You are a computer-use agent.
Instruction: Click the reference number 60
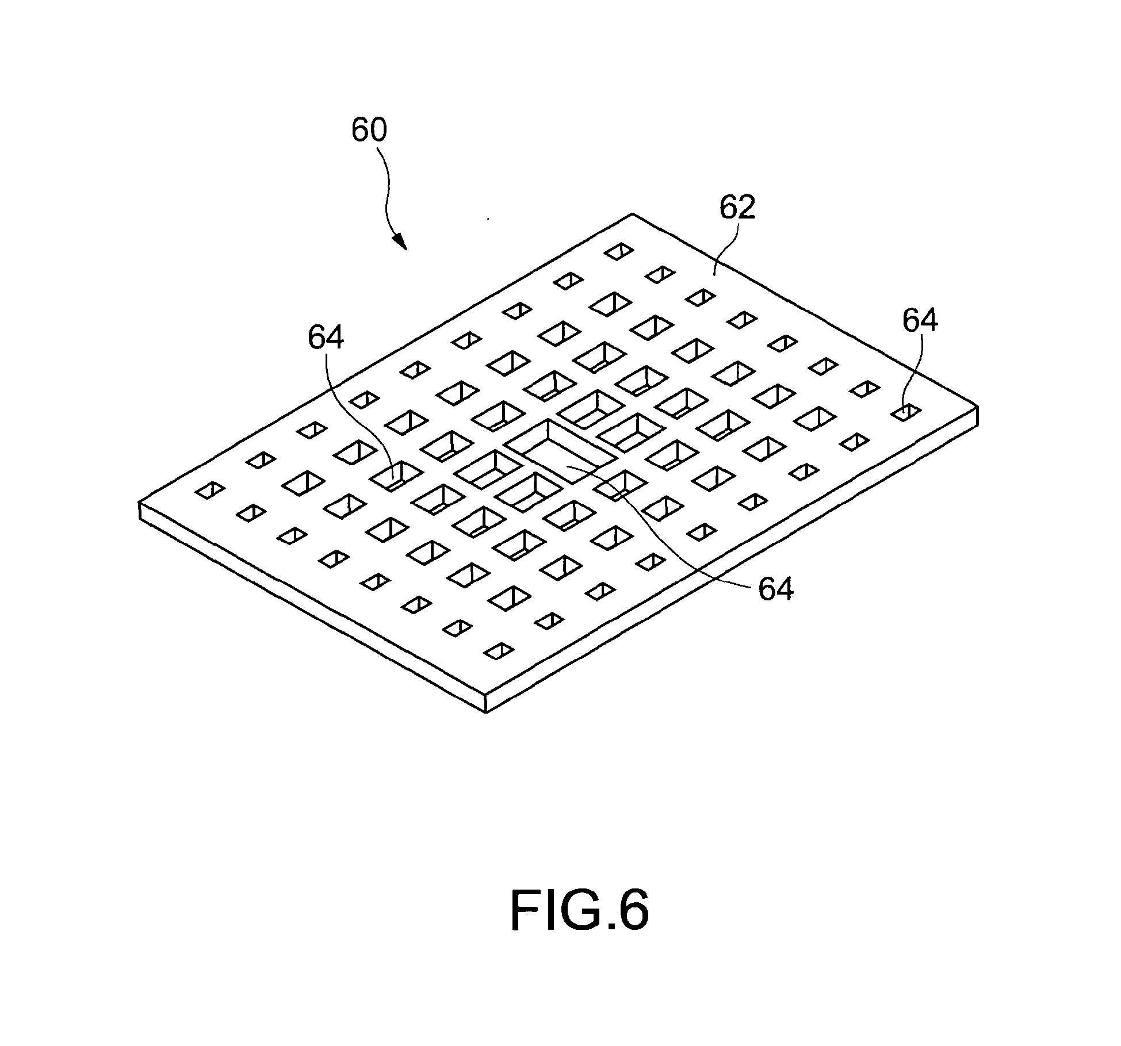[369, 131]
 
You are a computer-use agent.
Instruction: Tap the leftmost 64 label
[326, 338]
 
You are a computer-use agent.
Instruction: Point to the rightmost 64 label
[920, 321]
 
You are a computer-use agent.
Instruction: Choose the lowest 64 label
[776, 589]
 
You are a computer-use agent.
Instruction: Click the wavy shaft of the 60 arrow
[386, 190]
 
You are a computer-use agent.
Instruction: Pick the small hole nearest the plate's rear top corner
[619, 251]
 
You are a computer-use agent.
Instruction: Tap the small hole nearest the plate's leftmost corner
[210, 491]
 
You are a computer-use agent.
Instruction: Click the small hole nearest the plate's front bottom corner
[499, 650]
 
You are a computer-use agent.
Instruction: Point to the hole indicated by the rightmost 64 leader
[906, 412]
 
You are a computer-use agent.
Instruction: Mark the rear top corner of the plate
[633, 214]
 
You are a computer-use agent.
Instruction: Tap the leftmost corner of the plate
[140, 504]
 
